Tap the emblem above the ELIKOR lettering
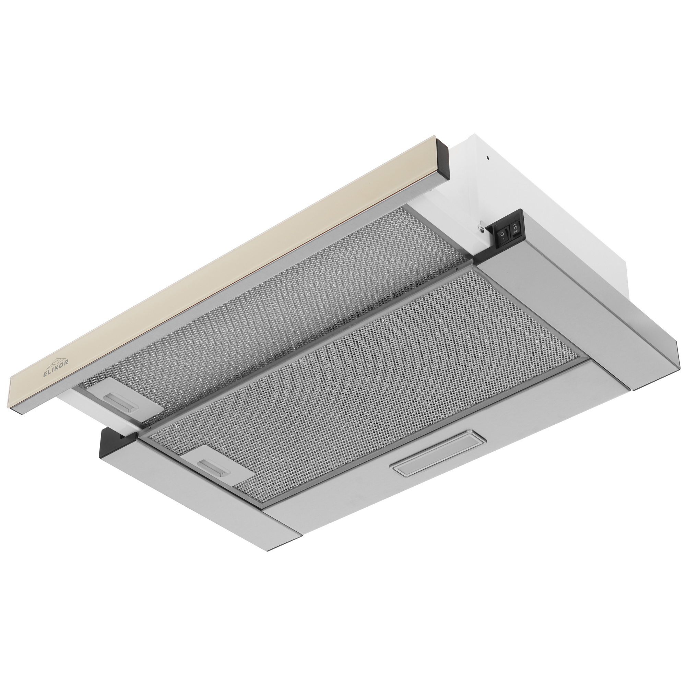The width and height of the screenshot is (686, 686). tap(57, 356)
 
